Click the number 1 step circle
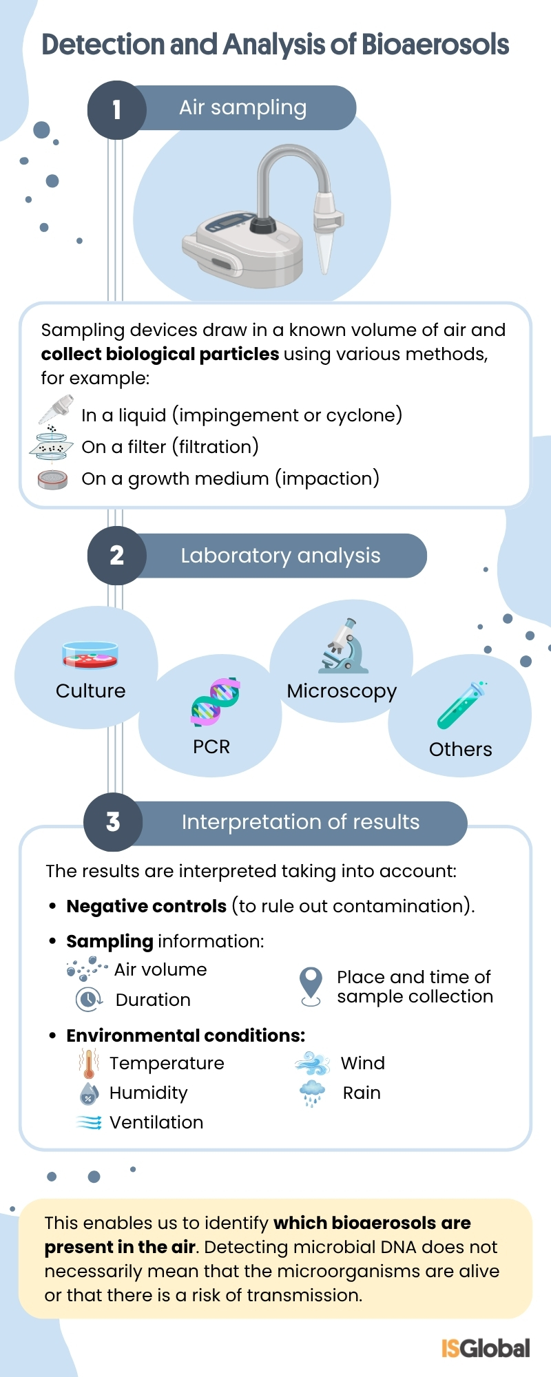click(x=116, y=109)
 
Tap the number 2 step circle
click(x=116, y=556)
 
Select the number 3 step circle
click(x=113, y=822)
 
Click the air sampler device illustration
click(x=264, y=217)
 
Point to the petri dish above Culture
click(x=90, y=655)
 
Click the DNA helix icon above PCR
click(x=215, y=702)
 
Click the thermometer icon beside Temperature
click(x=88, y=1064)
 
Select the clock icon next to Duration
click(x=89, y=999)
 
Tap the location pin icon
click(x=311, y=987)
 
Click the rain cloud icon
click(x=313, y=1093)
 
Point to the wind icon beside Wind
click(x=313, y=1064)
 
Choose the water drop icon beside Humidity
click(x=88, y=1093)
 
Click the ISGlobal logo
click(x=486, y=1347)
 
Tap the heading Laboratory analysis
click(x=280, y=556)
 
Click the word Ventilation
click(x=156, y=1123)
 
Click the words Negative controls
click(x=146, y=906)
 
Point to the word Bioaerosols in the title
click(x=435, y=45)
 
